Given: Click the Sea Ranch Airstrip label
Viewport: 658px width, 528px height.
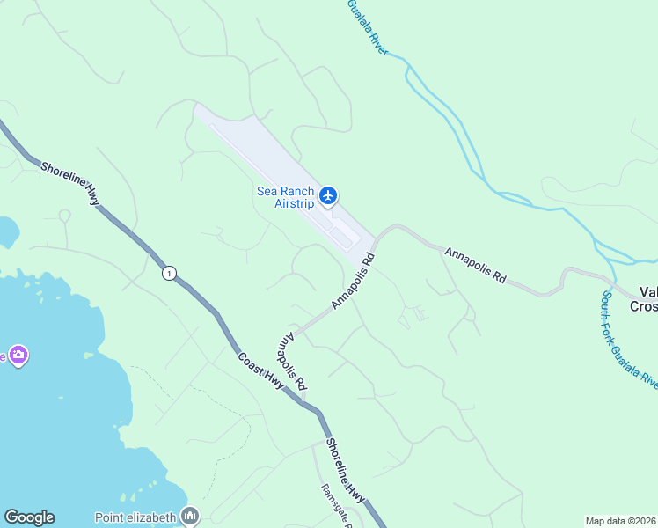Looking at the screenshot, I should tap(285, 197).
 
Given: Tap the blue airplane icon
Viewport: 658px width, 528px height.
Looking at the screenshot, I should tap(328, 194).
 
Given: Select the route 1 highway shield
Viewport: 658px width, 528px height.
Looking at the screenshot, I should tap(168, 274).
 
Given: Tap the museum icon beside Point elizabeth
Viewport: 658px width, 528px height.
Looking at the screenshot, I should tap(190, 515).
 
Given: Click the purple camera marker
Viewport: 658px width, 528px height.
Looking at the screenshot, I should tap(18, 355).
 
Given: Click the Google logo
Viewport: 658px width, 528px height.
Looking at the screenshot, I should tap(29, 517).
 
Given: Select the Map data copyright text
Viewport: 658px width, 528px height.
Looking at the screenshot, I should tap(621, 521).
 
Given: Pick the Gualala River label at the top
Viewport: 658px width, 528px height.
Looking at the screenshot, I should tap(368, 27).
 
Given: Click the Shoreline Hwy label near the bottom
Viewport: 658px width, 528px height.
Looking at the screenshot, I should tap(345, 471).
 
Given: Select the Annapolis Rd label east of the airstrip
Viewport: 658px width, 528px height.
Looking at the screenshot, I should tap(475, 265).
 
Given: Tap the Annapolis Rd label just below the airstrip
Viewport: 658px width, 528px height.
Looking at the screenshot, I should tap(354, 281).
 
